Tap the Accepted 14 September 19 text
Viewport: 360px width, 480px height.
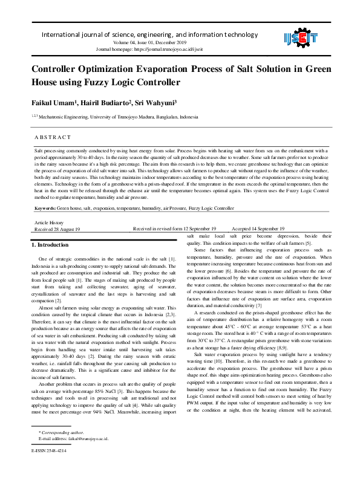[258, 229]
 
